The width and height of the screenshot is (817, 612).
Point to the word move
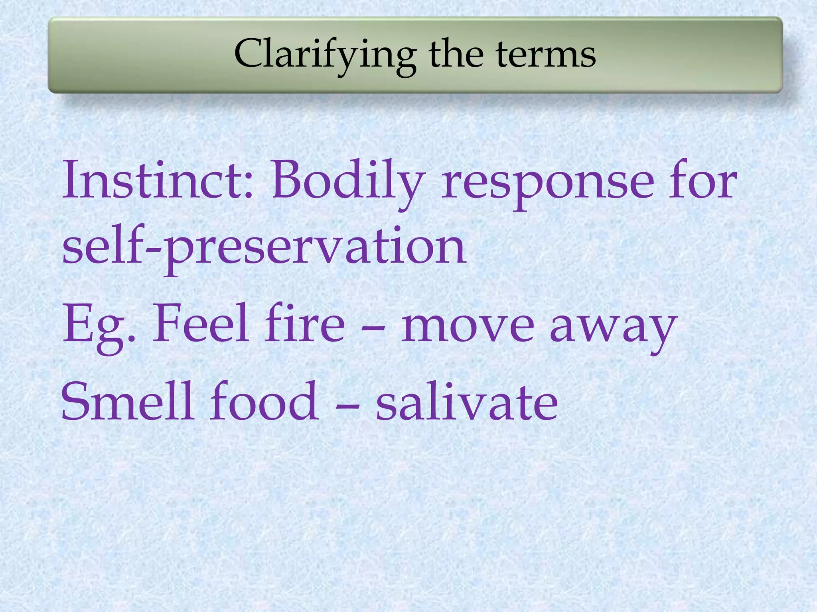tap(467, 327)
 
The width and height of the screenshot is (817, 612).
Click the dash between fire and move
tap(373, 329)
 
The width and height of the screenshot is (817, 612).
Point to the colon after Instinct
tap(248, 187)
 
